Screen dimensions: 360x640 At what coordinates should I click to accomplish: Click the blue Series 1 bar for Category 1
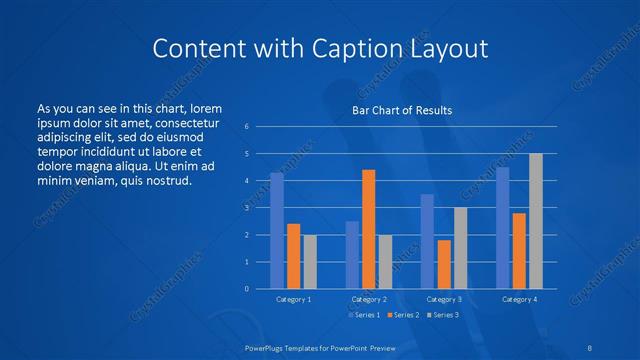pyautogui.click(x=277, y=231)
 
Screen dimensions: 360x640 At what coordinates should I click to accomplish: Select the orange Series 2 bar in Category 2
pyautogui.click(x=368, y=229)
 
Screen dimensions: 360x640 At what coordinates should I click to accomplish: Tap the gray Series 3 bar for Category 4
pyautogui.click(x=535, y=221)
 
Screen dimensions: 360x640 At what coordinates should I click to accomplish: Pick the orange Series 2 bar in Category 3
pyautogui.click(x=443, y=264)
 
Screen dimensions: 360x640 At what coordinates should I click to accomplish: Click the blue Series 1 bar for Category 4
pyautogui.click(x=502, y=228)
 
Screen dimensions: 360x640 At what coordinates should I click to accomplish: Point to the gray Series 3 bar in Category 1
pyautogui.click(x=310, y=262)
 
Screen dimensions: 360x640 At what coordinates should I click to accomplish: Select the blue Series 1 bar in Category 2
pyautogui.click(x=352, y=255)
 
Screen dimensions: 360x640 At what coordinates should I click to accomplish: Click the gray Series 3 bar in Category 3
pyautogui.click(x=460, y=248)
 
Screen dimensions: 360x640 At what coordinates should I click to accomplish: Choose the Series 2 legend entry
pyautogui.click(x=405, y=315)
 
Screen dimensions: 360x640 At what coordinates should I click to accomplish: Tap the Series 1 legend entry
pyautogui.click(x=363, y=315)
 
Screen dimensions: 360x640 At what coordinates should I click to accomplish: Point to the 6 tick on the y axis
pyautogui.click(x=246, y=127)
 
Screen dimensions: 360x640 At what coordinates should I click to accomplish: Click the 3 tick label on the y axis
pyautogui.click(x=246, y=208)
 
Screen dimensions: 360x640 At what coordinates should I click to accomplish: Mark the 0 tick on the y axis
pyautogui.click(x=246, y=289)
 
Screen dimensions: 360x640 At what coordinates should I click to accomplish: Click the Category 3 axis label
pyautogui.click(x=444, y=299)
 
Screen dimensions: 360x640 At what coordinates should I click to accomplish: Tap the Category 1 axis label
pyautogui.click(x=294, y=299)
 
